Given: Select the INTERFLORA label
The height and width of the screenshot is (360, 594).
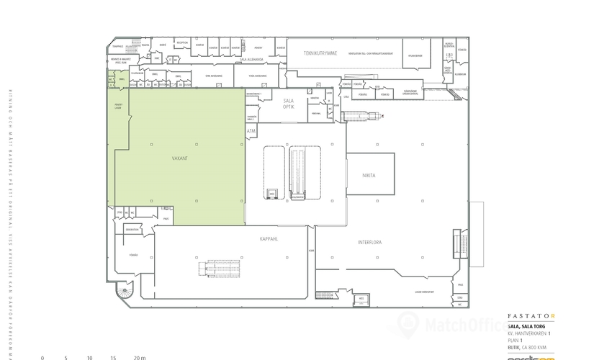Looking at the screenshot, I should pyautogui.click(x=369, y=243).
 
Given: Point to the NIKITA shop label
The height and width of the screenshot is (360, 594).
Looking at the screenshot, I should pyautogui.click(x=370, y=176).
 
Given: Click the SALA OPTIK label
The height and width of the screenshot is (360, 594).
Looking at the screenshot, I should pyautogui.click(x=289, y=104).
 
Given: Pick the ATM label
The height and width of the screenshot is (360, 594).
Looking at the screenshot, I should pyautogui.click(x=251, y=132).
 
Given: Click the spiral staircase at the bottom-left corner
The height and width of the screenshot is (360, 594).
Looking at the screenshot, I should pyautogui.click(x=124, y=292).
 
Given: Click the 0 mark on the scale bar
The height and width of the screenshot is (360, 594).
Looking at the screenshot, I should pyautogui.click(x=42, y=357).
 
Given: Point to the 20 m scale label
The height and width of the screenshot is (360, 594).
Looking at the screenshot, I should pyautogui.click(x=139, y=357).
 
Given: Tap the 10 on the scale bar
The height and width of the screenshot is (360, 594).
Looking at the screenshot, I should pyautogui.click(x=89, y=357).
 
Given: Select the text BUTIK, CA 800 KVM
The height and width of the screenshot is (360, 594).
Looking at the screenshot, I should pyautogui.click(x=529, y=347).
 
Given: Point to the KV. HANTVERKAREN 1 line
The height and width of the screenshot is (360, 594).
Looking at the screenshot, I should pyautogui.click(x=529, y=333).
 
